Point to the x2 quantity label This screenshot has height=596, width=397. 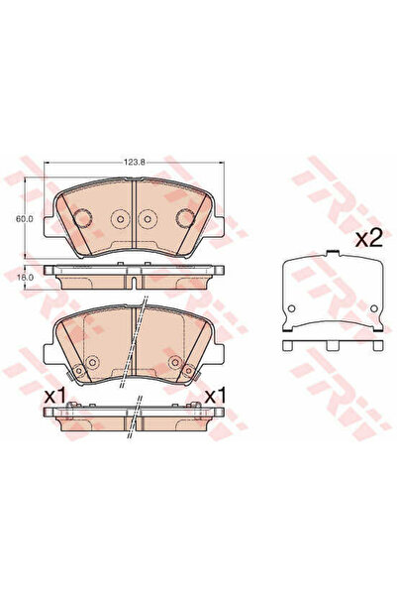[x=368, y=239]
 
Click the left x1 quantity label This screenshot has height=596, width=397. [x=55, y=394]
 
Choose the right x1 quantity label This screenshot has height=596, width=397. [x=215, y=394]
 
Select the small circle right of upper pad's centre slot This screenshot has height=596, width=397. [x=147, y=219]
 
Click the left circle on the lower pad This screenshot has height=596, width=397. [x=92, y=361]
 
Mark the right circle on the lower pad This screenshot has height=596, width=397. [x=175, y=361]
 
